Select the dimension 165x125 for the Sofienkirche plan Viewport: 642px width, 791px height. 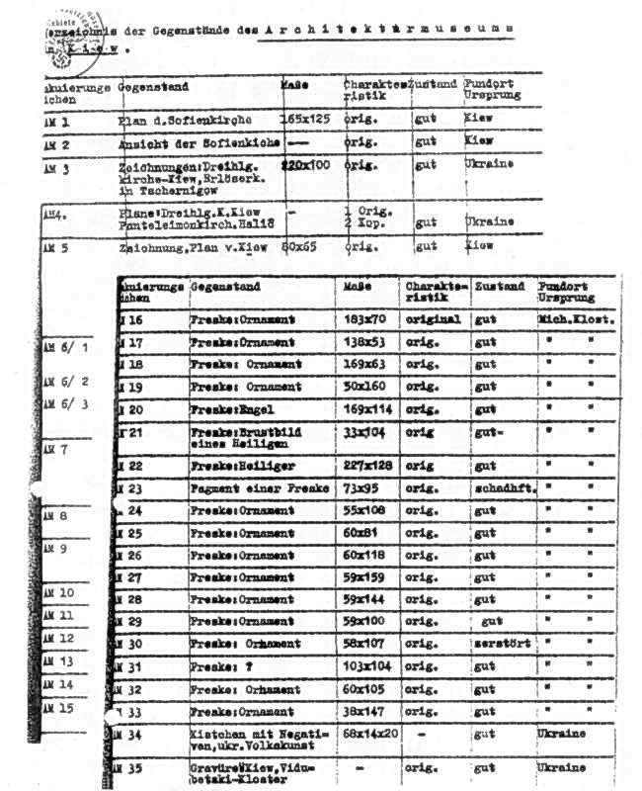tap(306, 119)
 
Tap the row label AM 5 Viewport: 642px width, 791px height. tap(57, 248)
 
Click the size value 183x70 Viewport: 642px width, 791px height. tap(364, 319)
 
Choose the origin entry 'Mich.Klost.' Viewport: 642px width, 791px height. tap(578, 319)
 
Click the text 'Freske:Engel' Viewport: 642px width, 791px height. tap(232, 408)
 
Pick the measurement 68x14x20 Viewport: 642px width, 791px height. tap(370, 735)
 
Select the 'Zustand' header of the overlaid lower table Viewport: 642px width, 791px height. tap(500, 287)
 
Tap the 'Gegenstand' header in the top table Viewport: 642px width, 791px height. tap(153, 87)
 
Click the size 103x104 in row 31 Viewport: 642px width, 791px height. tap(368, 667)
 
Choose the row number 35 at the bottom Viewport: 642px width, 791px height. tap(135, 767)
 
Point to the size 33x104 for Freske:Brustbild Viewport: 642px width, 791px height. tap(364, 431)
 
